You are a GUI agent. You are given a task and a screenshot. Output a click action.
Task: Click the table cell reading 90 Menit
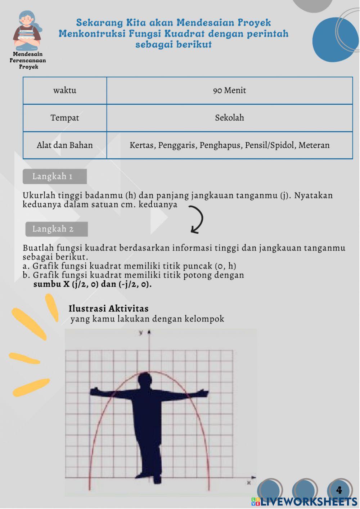(229, 90)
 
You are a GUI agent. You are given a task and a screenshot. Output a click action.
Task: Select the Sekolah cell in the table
(229, 118)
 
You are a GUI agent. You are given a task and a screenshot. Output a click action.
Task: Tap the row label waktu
(65, 90)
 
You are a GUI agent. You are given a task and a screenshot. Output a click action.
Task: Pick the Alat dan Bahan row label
(65, 145)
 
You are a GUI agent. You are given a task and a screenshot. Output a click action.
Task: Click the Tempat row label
(65, 118)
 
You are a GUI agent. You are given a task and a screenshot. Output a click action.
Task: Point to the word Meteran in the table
(314, 145)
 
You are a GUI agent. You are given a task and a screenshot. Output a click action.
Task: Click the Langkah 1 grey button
(54, 176)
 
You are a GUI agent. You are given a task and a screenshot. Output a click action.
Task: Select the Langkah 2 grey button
(56, 229)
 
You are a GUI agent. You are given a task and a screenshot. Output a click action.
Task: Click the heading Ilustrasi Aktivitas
(108, 308)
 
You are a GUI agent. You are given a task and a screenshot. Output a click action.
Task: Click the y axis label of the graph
(141, 332)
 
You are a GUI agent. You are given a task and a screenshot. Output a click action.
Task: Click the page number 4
(339, 490)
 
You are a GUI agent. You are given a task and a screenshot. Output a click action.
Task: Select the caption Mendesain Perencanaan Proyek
(28, 60)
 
